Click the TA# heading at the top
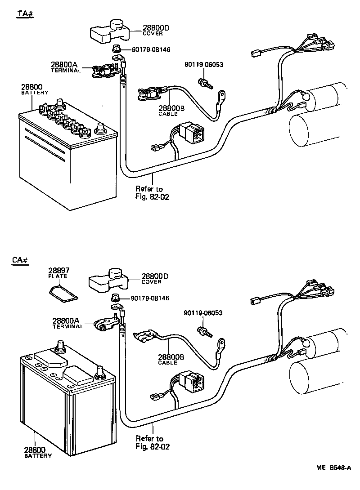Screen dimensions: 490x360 tap(26, 13)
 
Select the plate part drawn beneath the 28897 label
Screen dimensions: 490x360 tap(63, 294)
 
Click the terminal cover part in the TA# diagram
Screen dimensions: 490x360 tap(110, 30)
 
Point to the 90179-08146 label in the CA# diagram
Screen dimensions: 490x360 tap(150, 298)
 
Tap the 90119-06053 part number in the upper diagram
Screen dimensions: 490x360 tap(203, 65)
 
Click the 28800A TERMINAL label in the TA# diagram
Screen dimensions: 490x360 tap(66, 67)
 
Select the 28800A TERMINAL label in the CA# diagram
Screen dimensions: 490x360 tap(68, 323)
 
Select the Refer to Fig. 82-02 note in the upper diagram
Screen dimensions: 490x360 tap(149, 193)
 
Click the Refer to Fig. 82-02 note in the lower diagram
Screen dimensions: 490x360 tap(149, 442)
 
